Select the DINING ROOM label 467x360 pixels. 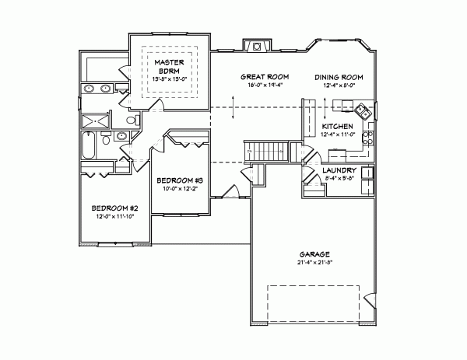pos(339,77)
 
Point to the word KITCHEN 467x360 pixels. pos(338,126)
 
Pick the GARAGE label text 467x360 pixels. pos(315,253)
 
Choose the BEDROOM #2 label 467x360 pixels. pos(114,208)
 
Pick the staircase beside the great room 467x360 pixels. pos(265,150)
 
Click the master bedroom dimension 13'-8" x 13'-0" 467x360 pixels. pos(167,78)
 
